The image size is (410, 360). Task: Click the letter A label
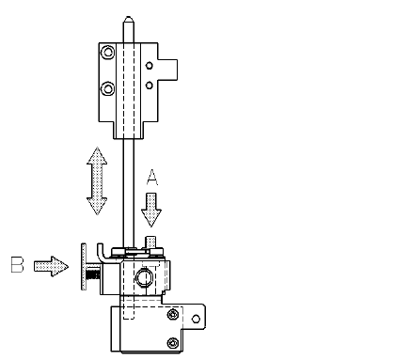click(152, 177)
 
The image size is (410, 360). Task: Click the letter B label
click(17, 265)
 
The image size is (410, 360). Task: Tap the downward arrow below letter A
click(151, 210)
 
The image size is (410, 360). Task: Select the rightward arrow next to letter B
click(51, 266)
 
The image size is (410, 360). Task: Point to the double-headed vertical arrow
click(97, 180)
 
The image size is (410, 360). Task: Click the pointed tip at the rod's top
click(129, 18)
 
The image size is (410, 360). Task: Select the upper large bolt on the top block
click(108, 52)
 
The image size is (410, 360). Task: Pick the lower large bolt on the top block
click(108, 88)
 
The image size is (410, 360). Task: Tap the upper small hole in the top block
click(150, 66)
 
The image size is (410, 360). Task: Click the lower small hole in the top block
click(150, 85)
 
